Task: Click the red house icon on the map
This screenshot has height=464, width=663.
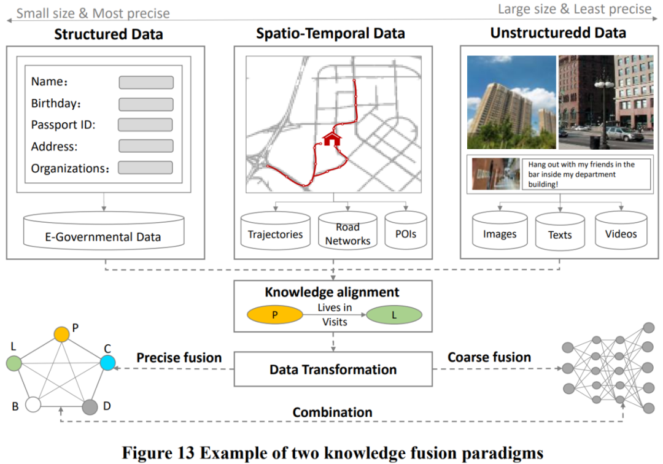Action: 331,138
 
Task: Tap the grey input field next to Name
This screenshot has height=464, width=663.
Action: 146,82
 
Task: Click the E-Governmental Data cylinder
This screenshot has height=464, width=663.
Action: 103,231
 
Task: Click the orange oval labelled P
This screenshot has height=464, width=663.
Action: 275,315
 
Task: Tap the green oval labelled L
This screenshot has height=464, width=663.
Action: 394,315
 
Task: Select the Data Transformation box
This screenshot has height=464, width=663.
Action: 333,369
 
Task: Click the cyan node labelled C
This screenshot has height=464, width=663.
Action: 107,363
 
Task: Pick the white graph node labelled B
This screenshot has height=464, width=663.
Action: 33,406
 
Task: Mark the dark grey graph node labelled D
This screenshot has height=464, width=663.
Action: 90,406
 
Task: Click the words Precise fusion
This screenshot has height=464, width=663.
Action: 179,358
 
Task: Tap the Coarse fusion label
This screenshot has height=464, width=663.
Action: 489,357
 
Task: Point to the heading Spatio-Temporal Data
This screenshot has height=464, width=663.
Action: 330,33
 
